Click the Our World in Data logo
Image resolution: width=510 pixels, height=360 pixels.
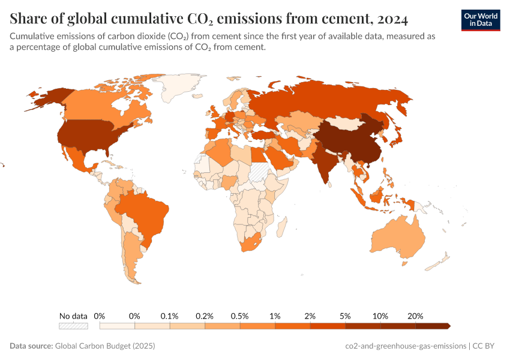(481, 19)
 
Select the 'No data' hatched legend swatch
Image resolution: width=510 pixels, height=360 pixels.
(73, 326)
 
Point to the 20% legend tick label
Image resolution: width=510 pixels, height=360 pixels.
(415, 316)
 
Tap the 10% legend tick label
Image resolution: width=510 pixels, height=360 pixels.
(380, 316)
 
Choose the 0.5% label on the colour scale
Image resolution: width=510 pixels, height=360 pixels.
(240, 316)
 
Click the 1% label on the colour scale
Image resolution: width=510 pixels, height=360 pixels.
(275, 316)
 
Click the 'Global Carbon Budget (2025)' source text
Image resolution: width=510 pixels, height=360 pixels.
(105, 346)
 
